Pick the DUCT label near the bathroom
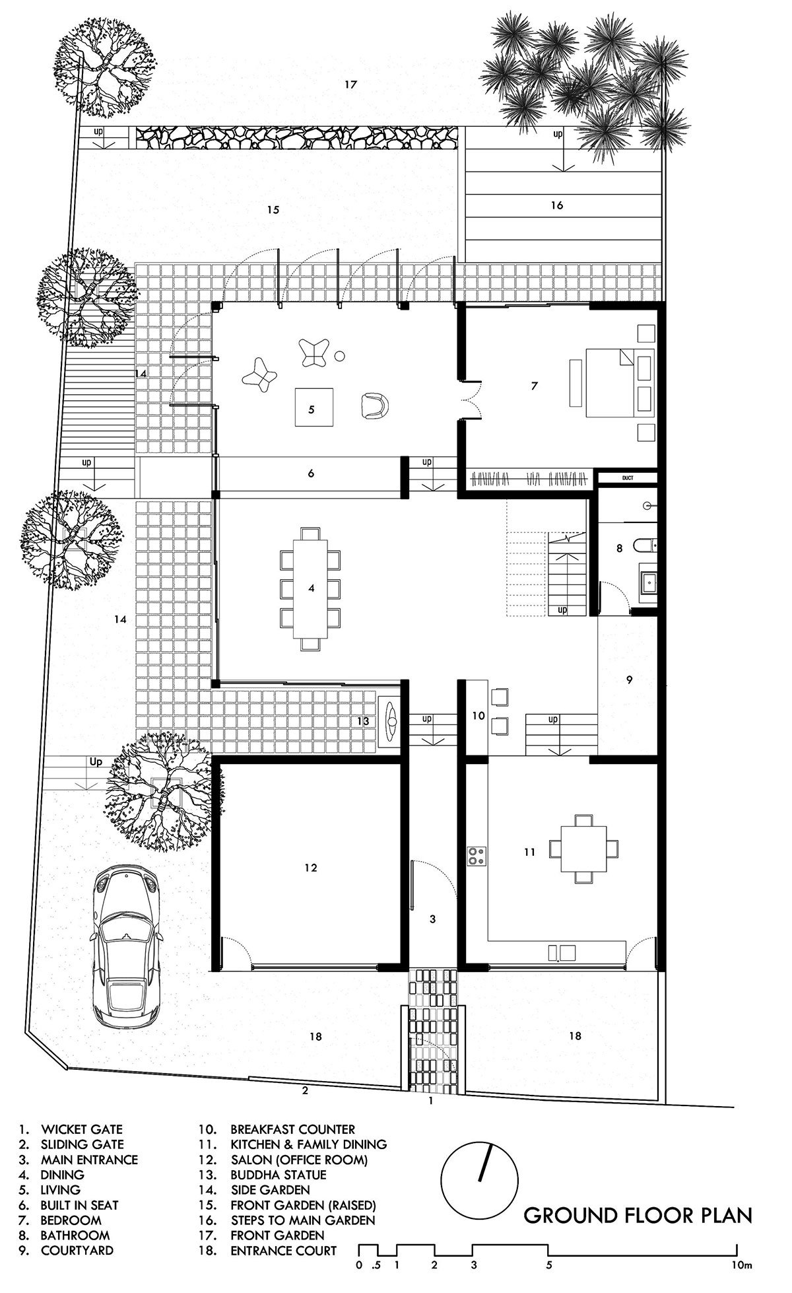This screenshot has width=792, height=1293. (x=627, y=477)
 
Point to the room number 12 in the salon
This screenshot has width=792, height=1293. (x=312, y=868)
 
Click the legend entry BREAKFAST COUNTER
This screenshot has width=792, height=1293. (x=292, y=1130)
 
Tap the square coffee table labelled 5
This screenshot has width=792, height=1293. (x=313, y=409)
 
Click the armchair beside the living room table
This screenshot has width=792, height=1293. (x=376, y=405)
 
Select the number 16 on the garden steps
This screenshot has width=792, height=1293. (x=557, y=205)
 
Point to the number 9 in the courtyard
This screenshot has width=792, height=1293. (x=629, y=679)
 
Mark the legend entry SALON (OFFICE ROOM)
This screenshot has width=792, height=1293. (x=299, y=1160)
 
